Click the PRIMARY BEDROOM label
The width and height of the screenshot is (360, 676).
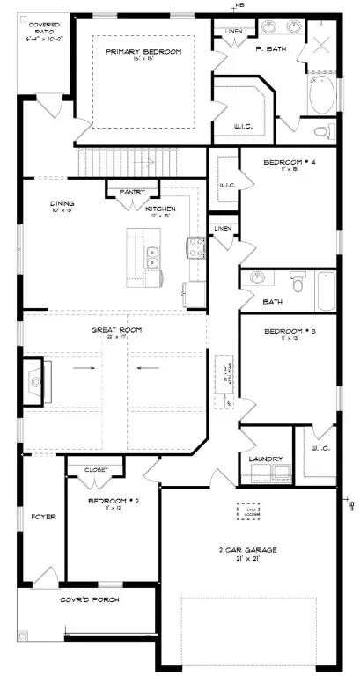tap(143, 52)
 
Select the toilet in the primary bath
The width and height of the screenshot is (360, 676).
tap(323, 131)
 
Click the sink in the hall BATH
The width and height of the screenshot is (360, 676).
tap(258, 279)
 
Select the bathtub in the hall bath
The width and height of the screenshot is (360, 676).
tap(325, 291)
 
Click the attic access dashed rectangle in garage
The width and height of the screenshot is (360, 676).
tap(249, 511)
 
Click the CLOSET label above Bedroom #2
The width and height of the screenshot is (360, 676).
tap(97, 470)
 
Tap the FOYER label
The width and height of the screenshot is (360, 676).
tap(44, 517)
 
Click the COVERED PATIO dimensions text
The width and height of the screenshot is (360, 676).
tap(39, 38)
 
